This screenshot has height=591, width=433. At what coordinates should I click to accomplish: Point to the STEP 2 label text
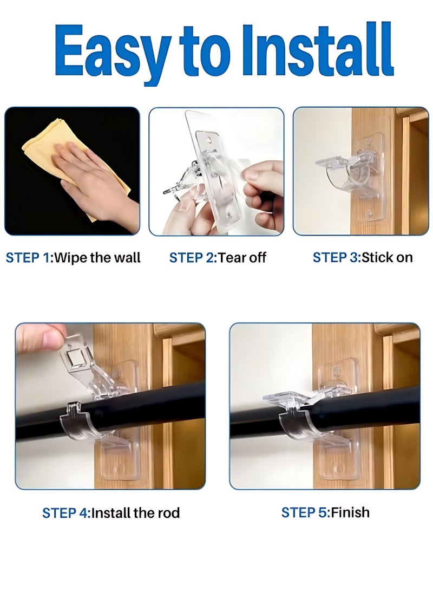tap(192, 257)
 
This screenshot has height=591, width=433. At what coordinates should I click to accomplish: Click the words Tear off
tap(242, 257)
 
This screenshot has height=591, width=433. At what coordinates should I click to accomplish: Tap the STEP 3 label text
tap(336, 257)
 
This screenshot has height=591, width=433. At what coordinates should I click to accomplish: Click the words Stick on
tap(387, 257)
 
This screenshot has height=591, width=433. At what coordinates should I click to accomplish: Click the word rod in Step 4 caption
tap(168, 512)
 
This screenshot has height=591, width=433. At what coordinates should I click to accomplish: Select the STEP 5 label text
tap(304, 512)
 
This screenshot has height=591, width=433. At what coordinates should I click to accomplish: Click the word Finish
tap(351, 512)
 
